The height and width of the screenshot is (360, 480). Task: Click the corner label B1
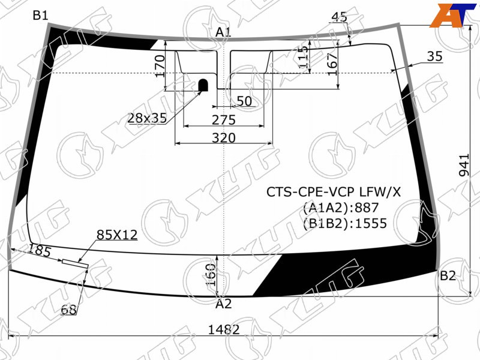(41, 14)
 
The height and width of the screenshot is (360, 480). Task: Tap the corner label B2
(448, 276)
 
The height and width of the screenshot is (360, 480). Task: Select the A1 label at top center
(223, 32)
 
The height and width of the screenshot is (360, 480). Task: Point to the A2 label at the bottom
(223, 304)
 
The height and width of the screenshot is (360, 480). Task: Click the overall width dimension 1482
(224, 329)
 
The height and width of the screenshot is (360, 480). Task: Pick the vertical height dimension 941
(464, 165)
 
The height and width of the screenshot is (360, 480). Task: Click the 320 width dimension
(224, 138)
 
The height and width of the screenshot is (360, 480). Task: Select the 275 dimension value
(224, 120)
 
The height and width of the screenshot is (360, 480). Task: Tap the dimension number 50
(244, 101)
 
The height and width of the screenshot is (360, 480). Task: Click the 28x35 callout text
(147, 118)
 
